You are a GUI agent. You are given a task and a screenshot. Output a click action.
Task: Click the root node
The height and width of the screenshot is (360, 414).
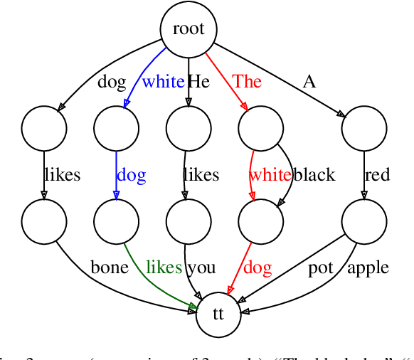pyautogui.click(x=189, y=29)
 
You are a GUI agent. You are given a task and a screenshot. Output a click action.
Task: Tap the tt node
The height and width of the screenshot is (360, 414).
pyautogui.click(x=218, y=314)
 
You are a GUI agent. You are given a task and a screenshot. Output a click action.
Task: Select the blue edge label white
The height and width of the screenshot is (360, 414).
pyautogui.click(x=163, y=81)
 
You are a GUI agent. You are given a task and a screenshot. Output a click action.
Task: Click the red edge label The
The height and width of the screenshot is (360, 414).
pyautogui.click(x=247, y=81)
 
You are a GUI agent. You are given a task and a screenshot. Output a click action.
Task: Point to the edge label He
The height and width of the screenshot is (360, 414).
pyautogui.click(x=198, y=81)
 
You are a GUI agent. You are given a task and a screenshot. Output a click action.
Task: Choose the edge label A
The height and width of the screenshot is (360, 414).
pyautogui.click(x=309, y=81)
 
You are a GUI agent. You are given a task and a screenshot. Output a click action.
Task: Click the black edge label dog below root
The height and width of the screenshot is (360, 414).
pyautogui.click(x=112, y=81)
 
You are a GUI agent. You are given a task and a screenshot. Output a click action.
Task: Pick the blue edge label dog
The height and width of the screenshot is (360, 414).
pyautogui.click(x=131, y=175)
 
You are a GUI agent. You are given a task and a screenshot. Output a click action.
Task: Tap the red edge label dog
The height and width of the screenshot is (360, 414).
pyautogui.click(x=258, y=268)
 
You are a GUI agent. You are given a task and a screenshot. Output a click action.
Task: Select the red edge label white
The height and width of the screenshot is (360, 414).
pyautogui.click(x=270, y=175)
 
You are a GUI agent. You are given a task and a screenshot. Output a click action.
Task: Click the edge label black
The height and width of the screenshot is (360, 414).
pyautogui.click(x=314, y=175)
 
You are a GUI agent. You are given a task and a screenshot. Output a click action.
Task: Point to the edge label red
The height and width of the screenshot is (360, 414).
pyautogui.click(x=377, y=175)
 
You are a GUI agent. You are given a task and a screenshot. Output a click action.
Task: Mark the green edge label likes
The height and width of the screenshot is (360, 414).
pyautogui.click(x=164, y=268)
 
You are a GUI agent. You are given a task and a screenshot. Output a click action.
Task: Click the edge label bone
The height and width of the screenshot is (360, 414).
pyautogui.click(x=110, y=268)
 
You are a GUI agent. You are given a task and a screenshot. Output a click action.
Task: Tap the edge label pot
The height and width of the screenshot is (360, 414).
pyautogui.click(x=321, y=268)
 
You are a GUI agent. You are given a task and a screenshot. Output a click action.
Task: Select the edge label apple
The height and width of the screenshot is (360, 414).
pyautogui.click(x=368, y=268)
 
